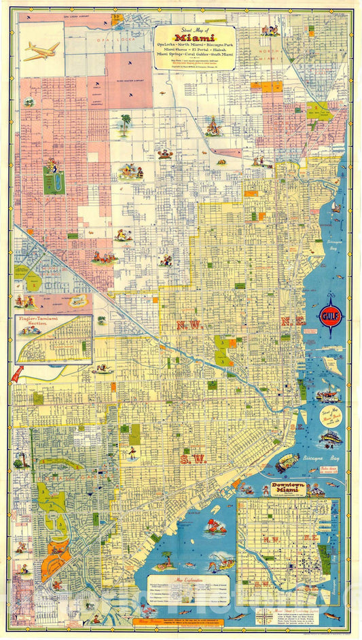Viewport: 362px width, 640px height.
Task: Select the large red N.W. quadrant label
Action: (189, 325)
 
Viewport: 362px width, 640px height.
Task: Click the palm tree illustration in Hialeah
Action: (125, 123)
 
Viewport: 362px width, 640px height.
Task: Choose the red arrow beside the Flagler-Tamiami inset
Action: (17, 373)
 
